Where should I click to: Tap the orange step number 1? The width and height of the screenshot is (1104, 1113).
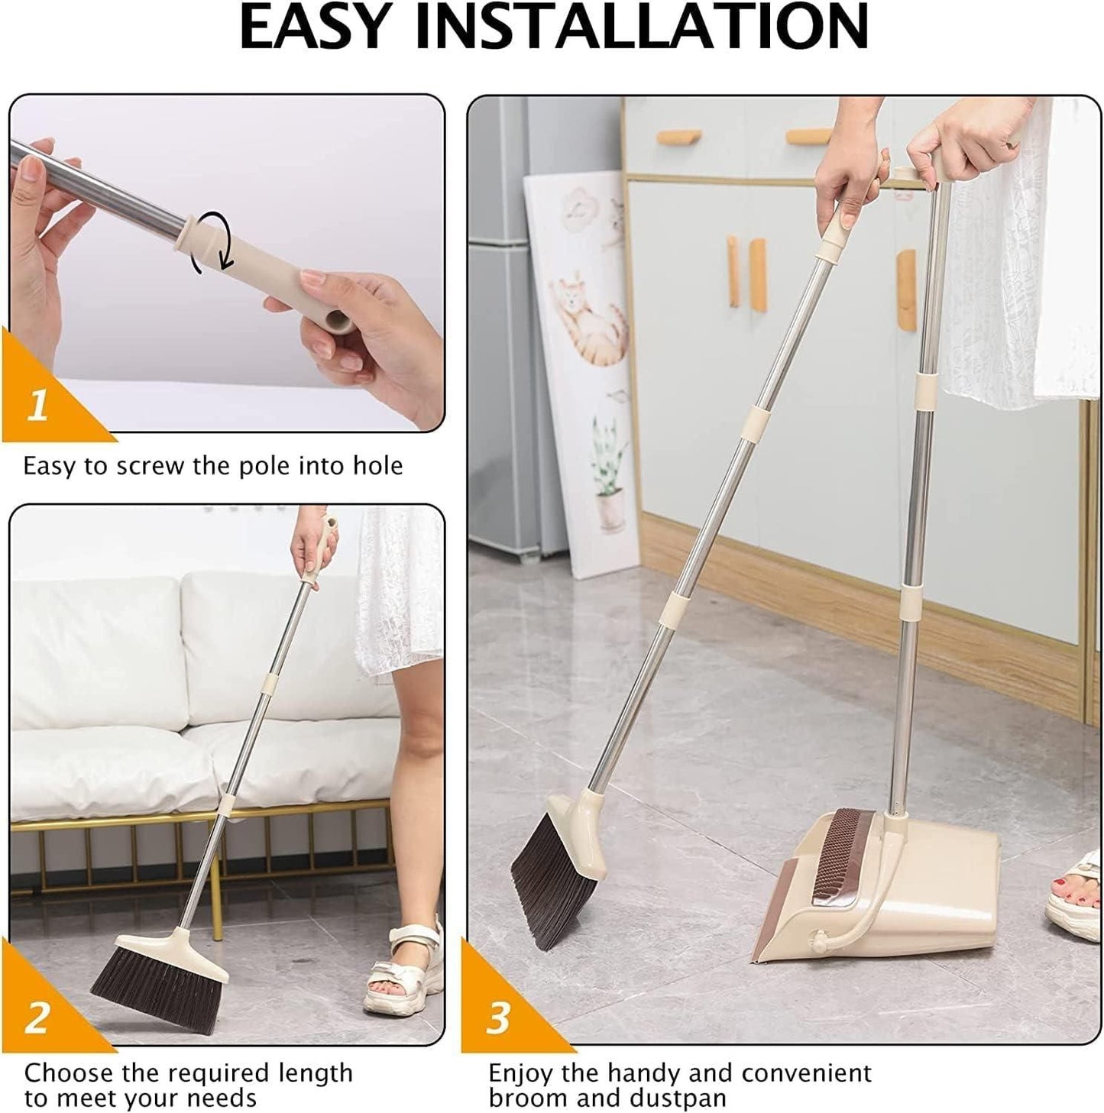37,405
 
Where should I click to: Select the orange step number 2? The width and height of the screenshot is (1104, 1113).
37,1018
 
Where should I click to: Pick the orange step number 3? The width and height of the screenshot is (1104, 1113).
497,1018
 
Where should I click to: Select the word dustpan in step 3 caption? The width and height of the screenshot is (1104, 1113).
682,1098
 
